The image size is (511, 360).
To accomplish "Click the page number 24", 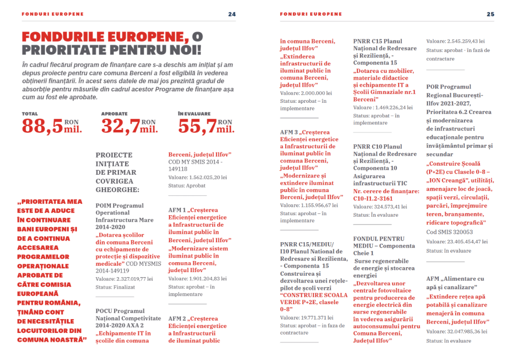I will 232,14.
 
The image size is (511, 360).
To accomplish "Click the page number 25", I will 491,14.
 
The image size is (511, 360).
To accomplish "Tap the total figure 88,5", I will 42,126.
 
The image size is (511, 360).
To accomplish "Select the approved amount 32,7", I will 120,126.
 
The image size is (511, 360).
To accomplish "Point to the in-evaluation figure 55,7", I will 197,126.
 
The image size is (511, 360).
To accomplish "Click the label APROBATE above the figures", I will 114,114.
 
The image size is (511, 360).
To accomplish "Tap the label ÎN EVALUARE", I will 194,114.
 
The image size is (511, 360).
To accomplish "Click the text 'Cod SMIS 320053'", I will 450,232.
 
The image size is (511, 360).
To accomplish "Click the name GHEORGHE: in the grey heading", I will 117,190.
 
